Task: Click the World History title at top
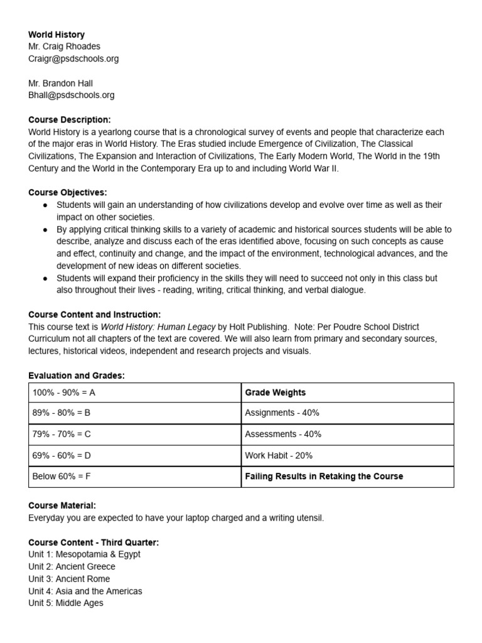coord(56,35)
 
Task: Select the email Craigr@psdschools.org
coord(73,58)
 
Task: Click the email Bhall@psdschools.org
coord(72,95)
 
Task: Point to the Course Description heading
coord(70,119)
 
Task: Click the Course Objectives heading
coord(68,192)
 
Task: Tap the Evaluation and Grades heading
coord(77,376)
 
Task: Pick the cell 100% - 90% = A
coord(134,392)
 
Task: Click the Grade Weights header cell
coord(347,392)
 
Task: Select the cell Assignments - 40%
coord(347,413)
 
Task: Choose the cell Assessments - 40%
coord(347,434)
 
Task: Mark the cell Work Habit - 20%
coord(347,455)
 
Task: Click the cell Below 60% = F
coord(134,476)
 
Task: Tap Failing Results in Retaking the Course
coord(347,476)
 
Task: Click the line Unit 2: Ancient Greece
coord(72,566)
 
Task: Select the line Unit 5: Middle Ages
coord(66,603)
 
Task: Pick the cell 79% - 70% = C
coord(134,434)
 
